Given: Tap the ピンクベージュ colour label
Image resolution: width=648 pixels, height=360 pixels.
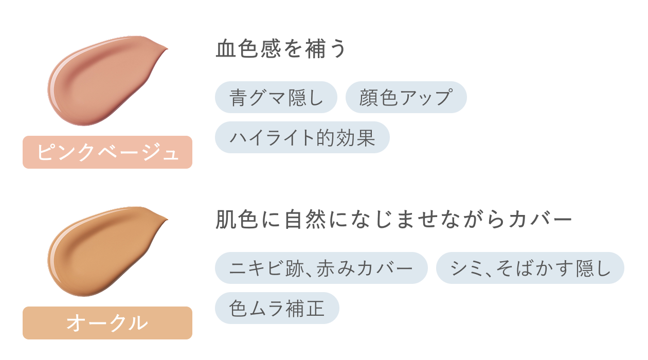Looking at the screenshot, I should coord(107,152).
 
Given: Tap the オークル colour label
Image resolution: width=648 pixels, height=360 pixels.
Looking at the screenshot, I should coord(107,323).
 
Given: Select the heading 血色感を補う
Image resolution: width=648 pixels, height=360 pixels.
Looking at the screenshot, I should coord(281,49).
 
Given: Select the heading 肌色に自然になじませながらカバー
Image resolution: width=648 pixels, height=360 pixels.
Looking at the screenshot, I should coord(393,220).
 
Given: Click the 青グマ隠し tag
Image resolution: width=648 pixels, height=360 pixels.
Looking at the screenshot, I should coord(276,97).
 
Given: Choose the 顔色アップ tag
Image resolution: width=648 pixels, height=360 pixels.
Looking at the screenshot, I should coord(406,97).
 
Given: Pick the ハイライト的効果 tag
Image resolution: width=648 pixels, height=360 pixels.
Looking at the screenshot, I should coord(302,137).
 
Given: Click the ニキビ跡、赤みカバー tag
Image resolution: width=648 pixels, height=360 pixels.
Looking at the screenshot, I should coord(321,268).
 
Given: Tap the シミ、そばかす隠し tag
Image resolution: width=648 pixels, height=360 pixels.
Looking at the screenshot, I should coord(530,268).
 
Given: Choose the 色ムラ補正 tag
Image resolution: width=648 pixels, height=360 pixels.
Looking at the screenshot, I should coord(277,308).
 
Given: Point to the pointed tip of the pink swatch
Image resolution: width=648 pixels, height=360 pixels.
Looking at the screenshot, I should coord(166,49).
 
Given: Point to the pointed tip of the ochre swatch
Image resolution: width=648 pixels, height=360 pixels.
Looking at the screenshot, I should coord(166,220).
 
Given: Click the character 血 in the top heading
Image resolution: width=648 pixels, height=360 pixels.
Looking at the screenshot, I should coord(224,49).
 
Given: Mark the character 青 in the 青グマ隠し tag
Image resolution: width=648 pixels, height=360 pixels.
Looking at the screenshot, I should coord(238,97).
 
